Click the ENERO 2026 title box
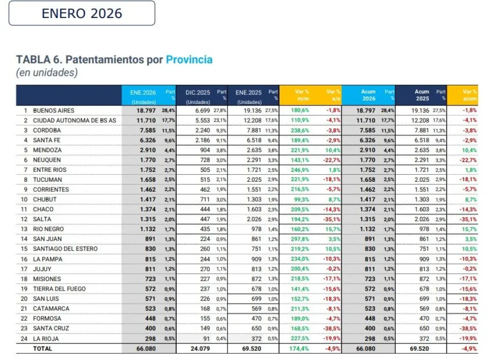point(82,13)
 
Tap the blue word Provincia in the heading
point(189,60)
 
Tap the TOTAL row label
point(42,349)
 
